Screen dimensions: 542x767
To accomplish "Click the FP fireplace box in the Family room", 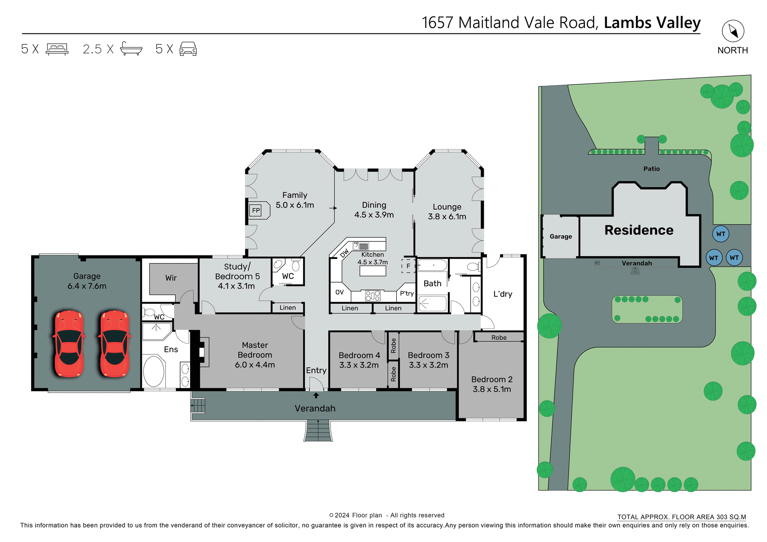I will (256, 210).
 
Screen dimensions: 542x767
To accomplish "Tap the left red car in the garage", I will (69, 344).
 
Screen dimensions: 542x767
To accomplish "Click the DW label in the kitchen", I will (344, 253).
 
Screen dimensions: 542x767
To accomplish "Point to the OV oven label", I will (340, 292).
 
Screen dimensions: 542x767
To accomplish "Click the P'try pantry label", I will (407, 293).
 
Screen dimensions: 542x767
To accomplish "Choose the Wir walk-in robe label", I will (171, 278).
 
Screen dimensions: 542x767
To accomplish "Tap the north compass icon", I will (733, 31).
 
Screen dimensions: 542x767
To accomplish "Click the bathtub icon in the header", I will (131, 49).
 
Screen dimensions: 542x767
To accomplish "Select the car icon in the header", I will (188, 49).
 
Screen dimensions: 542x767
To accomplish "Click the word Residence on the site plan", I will (639, 230).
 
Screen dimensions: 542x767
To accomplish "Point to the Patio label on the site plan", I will (652, 169).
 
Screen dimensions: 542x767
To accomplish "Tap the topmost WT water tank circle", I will (721, 234).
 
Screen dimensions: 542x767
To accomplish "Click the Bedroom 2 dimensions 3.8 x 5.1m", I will (492, 389).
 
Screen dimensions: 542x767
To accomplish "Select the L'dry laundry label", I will (503, 294).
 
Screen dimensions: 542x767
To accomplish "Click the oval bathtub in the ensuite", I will (154, 371).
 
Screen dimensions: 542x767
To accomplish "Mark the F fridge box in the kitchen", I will (408, 266).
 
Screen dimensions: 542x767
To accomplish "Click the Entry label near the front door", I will (316, 370).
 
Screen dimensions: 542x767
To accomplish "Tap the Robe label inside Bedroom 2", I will (499, 338).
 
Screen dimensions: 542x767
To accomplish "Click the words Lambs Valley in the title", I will (652, 23).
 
